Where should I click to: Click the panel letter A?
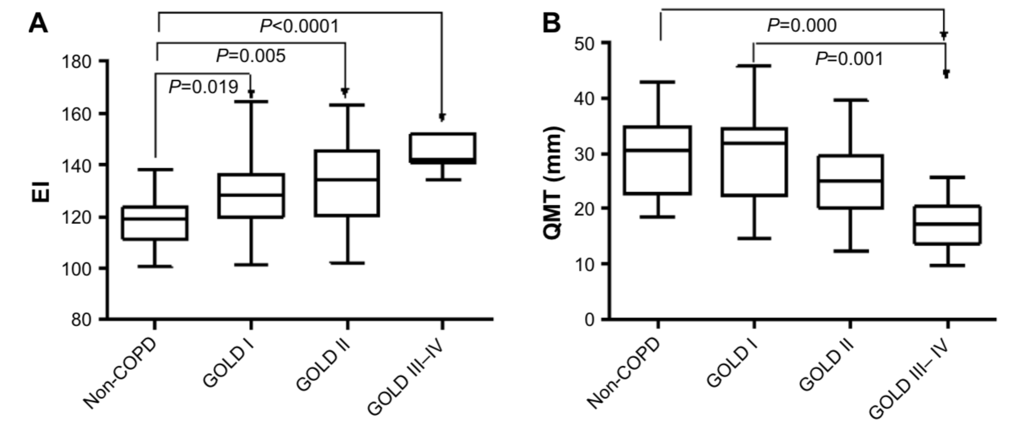point(39,24)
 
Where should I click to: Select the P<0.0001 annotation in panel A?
point(300,27)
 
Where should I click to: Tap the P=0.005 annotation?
point(251,56)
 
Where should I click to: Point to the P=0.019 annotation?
point(204,87)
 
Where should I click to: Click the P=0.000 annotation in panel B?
point(802,26)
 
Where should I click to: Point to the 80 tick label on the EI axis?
point(82,320)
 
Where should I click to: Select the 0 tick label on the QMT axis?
point(590,320)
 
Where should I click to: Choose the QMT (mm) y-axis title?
point(552,183)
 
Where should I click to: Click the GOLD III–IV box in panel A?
point(443,149)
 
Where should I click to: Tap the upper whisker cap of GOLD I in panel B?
point(754,66)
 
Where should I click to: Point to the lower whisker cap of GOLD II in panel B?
point(851,251)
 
